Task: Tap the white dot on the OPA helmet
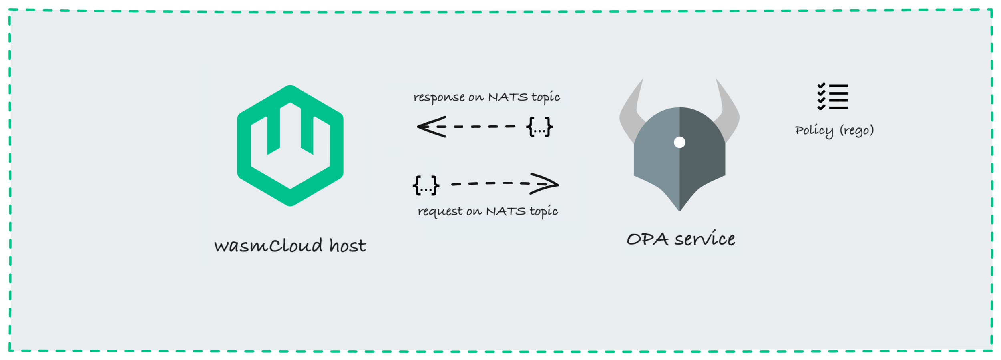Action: click(679, 142)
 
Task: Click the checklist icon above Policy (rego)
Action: click(833, 97)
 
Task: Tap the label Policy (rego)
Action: click(834, 131)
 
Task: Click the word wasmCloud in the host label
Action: click(268, 245)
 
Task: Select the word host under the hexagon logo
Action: click(348, 245)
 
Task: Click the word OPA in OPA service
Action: click(647, 239)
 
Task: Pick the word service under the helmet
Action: click(705, 239)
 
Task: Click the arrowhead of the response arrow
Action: click(428, 127)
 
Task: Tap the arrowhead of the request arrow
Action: click(547, 184)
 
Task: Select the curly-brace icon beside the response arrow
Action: click(539, 127)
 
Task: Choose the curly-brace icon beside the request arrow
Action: click(426, 185)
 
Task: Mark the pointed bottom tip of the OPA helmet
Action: click(679, 209)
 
